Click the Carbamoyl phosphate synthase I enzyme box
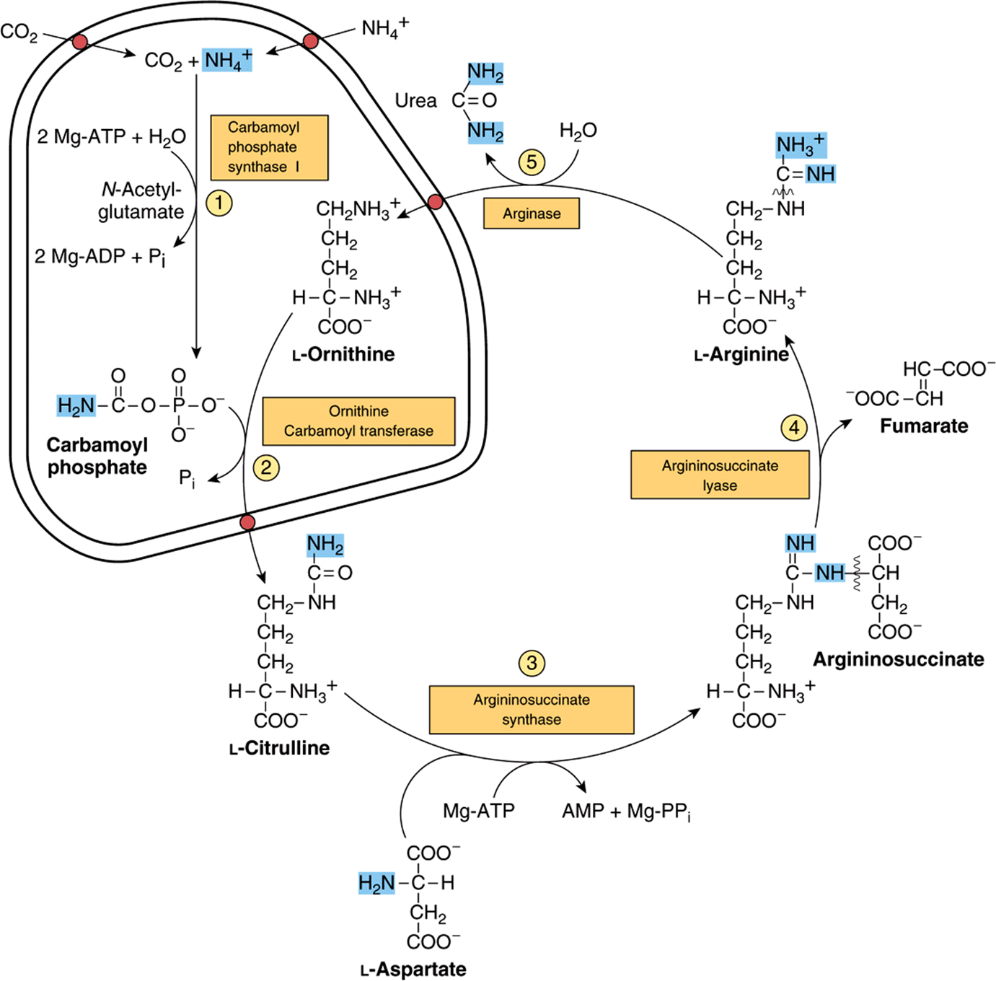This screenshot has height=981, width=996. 269,148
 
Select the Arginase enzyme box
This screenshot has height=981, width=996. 532,214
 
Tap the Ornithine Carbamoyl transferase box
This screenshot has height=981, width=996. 358,421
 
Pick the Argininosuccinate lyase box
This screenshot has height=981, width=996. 720,475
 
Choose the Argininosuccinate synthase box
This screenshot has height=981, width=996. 532,710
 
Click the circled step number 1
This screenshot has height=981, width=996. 219,203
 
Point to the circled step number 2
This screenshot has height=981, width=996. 265,468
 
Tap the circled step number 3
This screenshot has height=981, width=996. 532,663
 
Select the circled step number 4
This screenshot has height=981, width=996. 794,428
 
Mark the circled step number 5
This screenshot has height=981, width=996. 532,162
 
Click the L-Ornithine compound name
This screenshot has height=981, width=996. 343,354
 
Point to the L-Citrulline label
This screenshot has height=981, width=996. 279,748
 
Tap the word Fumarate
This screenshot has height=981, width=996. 924,426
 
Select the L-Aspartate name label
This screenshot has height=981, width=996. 413,969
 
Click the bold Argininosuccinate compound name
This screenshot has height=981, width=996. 899,659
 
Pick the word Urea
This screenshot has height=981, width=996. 415,100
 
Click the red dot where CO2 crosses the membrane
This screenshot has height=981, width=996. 80,42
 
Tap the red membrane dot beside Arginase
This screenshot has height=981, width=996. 436,202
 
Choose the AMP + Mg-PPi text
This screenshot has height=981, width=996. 627,811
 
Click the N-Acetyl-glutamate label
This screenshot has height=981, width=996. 141,201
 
